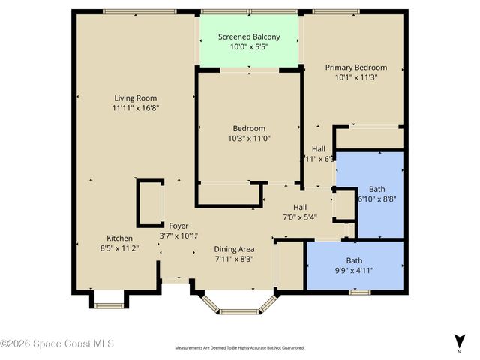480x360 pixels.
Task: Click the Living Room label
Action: pos(135,97)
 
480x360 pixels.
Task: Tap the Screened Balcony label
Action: pos(249,37)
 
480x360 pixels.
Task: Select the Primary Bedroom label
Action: pos(355,67)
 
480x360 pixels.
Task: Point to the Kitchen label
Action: pos(119,238)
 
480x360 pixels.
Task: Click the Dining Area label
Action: pos(234,249)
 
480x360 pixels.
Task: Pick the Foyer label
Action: pos(178,226)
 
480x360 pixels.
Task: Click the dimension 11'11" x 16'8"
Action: pos(135,107)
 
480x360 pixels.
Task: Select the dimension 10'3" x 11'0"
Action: pos(248,138)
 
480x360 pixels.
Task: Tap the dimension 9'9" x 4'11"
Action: pos(354,271)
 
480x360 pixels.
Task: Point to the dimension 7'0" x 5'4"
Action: pos(300,217)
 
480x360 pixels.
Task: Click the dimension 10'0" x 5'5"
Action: pos(249,46)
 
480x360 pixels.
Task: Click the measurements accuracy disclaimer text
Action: pos(239,348)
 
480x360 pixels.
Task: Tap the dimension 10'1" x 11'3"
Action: pos(355,76)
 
